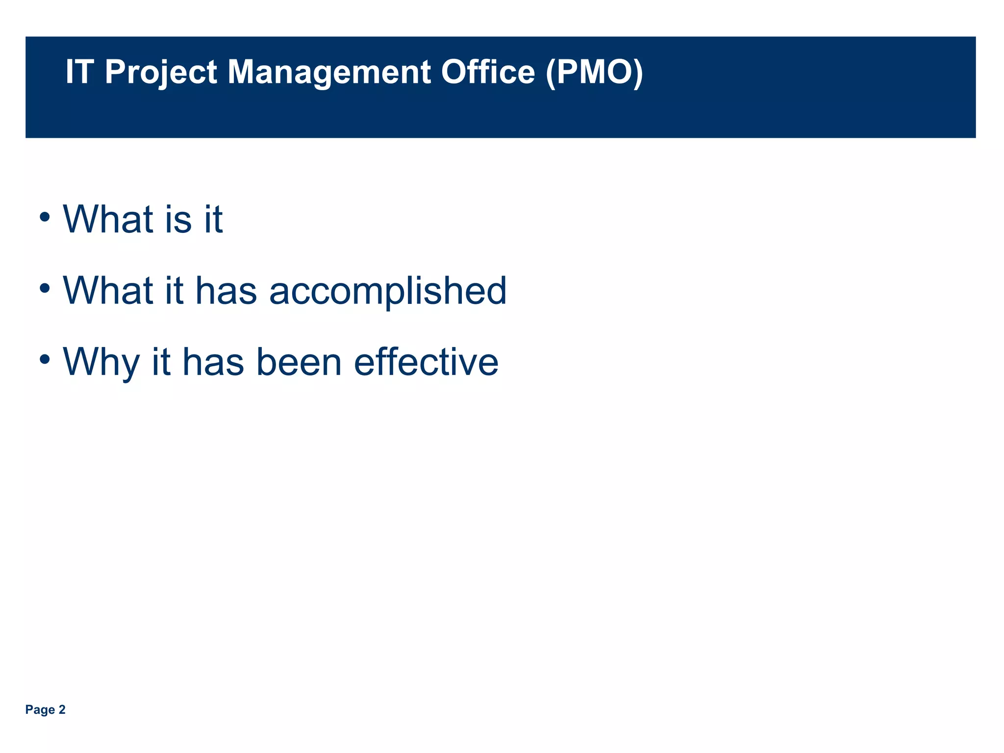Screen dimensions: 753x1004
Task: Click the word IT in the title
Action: (x=79, y=72)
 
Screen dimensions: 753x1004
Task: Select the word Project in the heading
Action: (x=161, y=72)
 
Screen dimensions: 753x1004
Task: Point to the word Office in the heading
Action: (x=488, y=72)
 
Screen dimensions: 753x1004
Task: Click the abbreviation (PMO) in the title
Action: (x=594, y=72)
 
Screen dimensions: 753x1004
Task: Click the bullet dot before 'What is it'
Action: (x=45, y=216)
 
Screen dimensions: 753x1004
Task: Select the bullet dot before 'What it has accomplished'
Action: (x=45, y=288)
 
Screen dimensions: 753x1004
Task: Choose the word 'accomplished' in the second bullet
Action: (x=388, y=291)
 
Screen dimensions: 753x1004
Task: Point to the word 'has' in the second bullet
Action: (x=226, y=291)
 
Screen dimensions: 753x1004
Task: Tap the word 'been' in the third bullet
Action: (x=299, y=362)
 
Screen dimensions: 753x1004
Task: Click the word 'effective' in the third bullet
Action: (x=426, y=362)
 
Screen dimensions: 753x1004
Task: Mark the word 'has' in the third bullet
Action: (x=213, y=362)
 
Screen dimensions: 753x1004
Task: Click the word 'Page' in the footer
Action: (x=40, y=710)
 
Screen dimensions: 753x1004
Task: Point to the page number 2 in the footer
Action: (x=62, y=710)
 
